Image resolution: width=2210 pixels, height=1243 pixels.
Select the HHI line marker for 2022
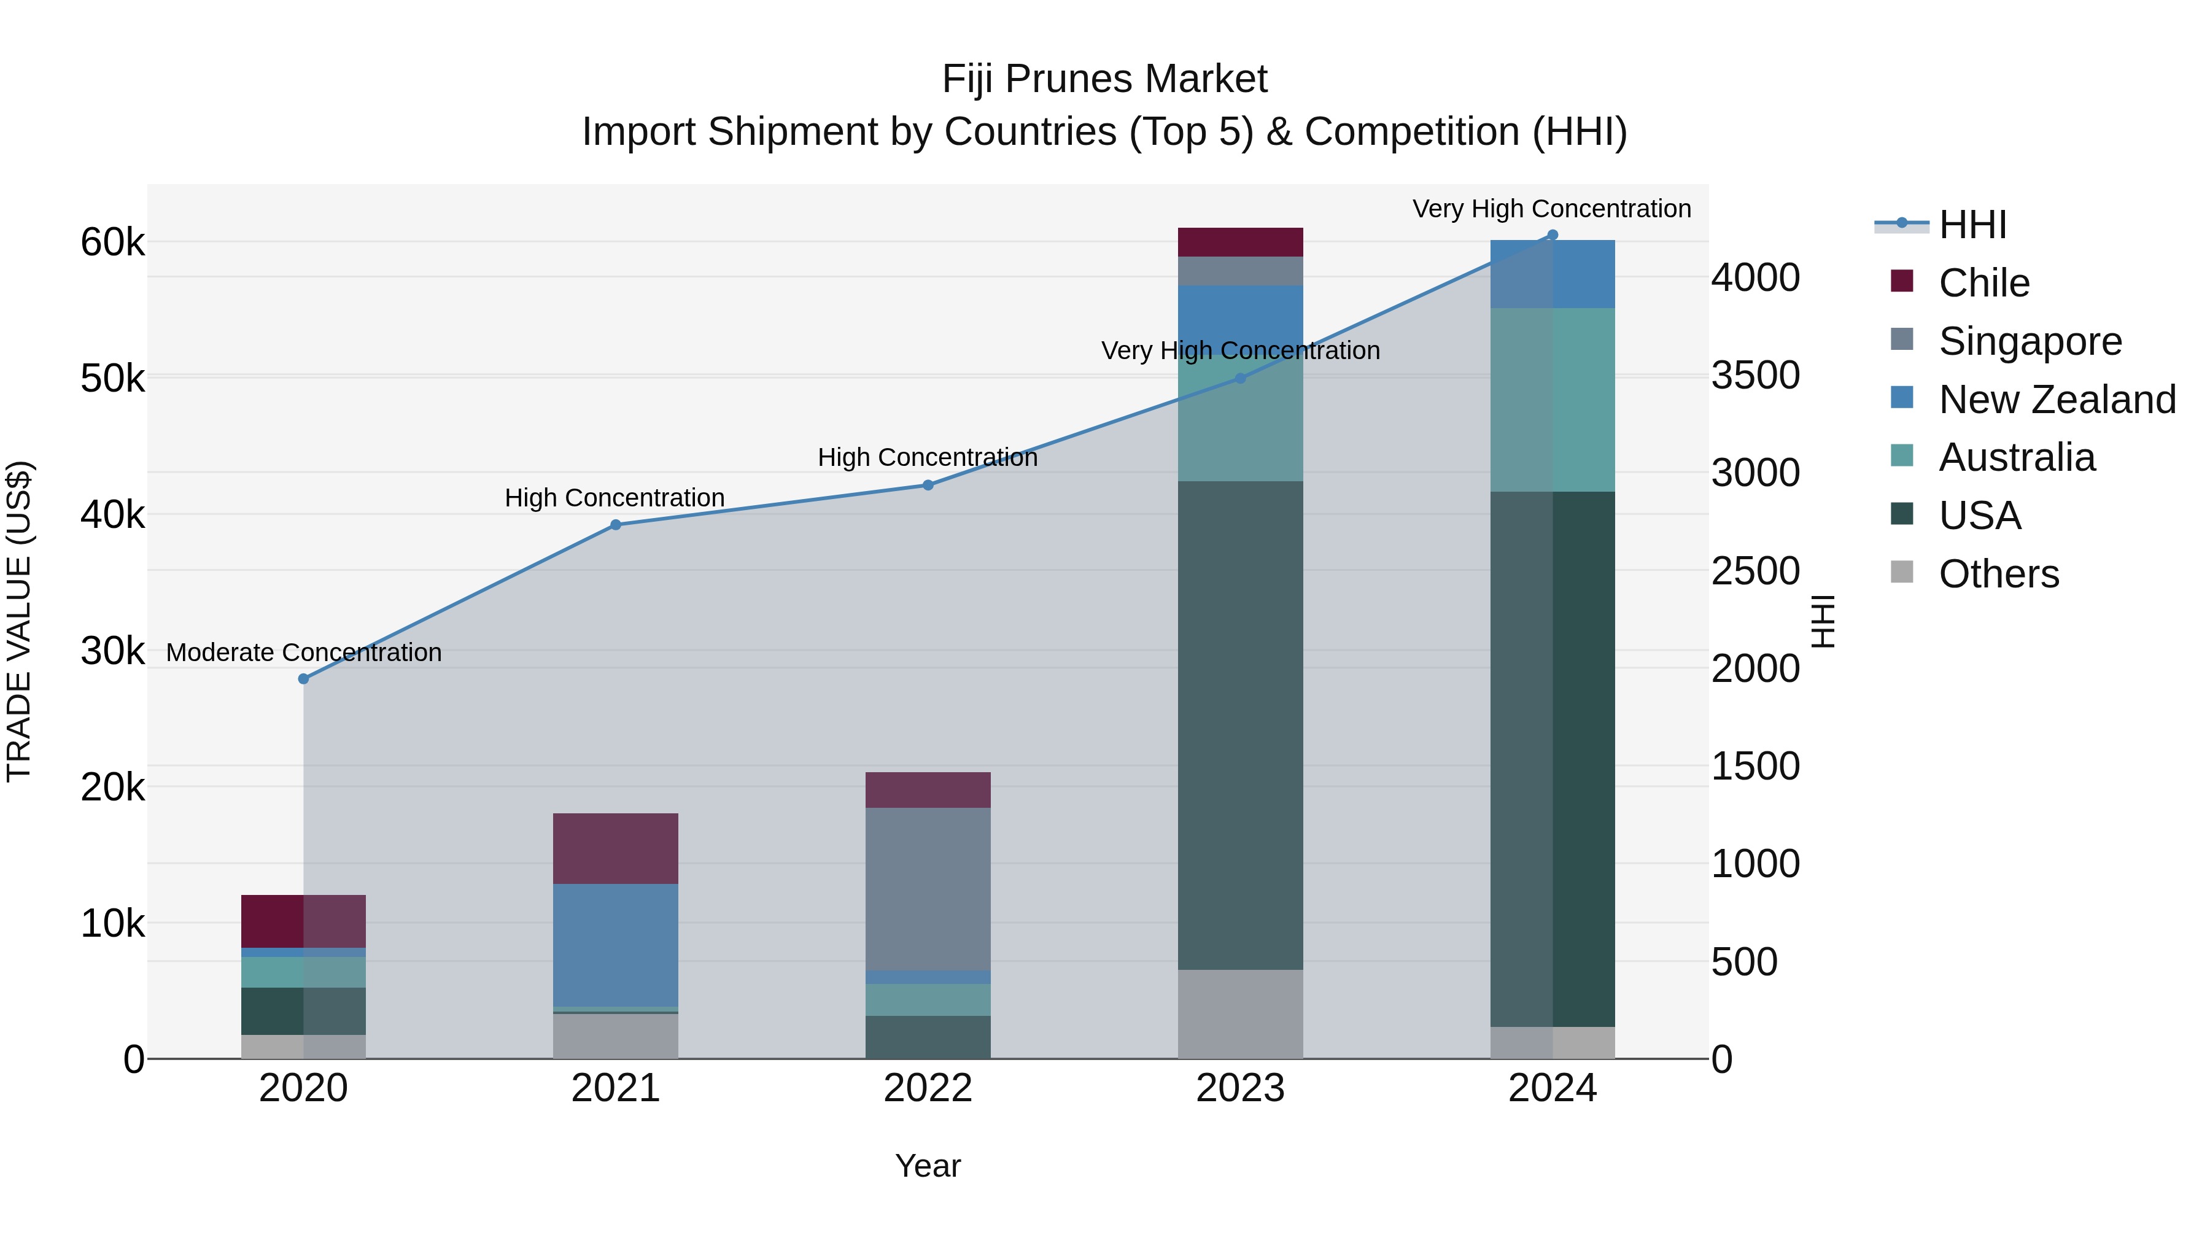928,485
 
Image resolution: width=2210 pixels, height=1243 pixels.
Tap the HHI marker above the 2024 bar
1552,235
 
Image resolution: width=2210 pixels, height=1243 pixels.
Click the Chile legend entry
1983,283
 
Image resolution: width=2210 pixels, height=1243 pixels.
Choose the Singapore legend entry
2030,341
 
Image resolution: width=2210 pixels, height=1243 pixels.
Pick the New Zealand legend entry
2057,400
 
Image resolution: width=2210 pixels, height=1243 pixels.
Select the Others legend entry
1998,574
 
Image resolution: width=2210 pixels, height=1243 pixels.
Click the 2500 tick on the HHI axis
1755,571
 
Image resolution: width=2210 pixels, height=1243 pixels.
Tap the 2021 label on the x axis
615,1088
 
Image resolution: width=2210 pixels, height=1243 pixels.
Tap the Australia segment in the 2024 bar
1552,399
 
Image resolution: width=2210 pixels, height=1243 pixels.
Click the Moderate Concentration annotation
304,653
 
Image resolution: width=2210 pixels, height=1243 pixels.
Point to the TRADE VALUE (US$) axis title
19,621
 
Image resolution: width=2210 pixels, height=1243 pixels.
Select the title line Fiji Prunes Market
1104,79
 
